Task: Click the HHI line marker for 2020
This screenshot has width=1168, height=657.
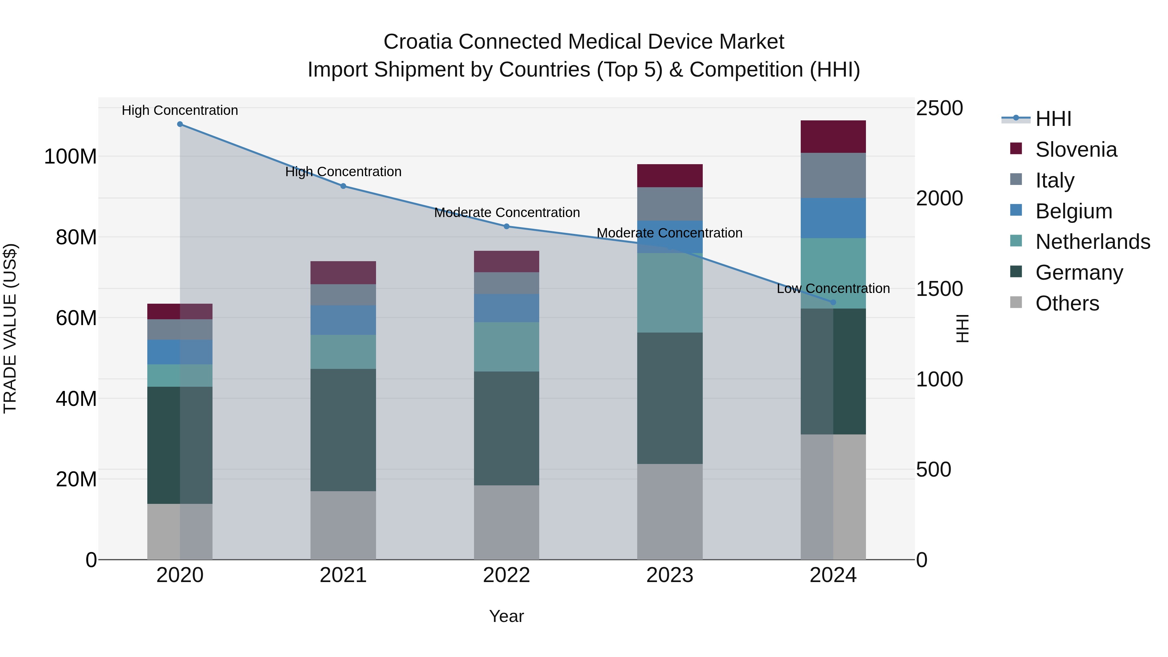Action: [x=180, y=124]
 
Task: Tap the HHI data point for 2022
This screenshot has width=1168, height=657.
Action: [x=506, y=226]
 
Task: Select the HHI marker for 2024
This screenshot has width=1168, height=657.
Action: [x=833, y=302]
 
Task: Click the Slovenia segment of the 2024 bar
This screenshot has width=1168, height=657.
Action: [x=833, y=137]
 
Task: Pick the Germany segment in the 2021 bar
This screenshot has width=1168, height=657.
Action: [x=343, y=430]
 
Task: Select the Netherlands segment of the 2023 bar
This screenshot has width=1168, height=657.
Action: [x=670, y=293]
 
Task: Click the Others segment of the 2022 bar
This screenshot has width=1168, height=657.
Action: [x=506, y=522]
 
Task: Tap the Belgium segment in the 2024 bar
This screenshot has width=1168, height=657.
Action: [x=833, y=218]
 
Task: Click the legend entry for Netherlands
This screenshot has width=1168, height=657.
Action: [x=1093, y=242]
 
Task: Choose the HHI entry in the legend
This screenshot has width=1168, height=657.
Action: [x=1053, y=119]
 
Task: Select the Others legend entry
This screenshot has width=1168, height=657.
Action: [x=1067, y=303]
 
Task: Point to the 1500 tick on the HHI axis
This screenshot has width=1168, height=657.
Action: [x=939, y=289]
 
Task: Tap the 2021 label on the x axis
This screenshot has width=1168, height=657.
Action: [x=343, y=575]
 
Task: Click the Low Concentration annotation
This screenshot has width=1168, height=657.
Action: [x=833, y=288]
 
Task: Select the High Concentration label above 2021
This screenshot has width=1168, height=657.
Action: [x=343, y=172]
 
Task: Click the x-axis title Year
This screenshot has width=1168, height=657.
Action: [x=506, y=616]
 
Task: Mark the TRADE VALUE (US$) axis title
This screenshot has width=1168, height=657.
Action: [x=10, y=328]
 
